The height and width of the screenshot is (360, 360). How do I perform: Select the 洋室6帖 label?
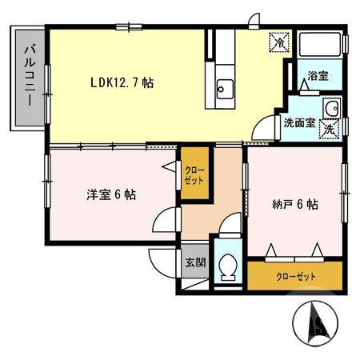(111, 194)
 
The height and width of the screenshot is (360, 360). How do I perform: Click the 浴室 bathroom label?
(318, 76)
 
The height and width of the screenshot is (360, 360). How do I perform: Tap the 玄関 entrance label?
(195, 263)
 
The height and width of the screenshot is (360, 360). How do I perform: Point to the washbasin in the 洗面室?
(331, 110)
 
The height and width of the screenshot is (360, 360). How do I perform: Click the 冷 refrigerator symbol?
(279, 40)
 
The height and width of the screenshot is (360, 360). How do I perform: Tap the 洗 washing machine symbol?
(329, 127)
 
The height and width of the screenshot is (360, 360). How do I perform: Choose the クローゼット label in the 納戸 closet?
(296, 277)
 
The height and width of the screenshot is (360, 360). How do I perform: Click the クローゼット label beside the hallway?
(194, 174)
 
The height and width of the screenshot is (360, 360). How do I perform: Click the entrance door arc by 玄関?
(161, 261)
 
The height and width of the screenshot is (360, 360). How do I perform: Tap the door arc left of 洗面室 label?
(265, 128)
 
